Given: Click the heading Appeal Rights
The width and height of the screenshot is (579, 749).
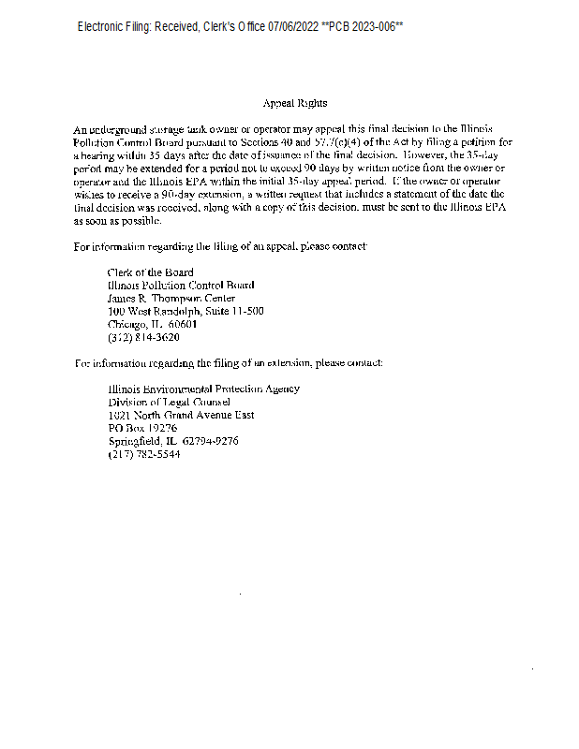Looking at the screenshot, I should (289, 103).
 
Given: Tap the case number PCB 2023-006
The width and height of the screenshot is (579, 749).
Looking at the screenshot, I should (365, 27).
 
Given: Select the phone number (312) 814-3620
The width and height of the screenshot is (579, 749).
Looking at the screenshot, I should (143, 337).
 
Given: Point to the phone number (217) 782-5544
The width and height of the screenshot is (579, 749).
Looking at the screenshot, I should (143, 454).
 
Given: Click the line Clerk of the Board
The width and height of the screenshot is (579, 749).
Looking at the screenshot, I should (150, 272).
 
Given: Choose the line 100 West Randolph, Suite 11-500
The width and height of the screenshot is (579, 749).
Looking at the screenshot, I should (186, 311).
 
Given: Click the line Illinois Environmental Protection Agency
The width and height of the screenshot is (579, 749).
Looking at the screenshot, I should (203, 389).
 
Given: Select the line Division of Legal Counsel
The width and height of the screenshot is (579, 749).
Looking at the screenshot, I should (170, 402).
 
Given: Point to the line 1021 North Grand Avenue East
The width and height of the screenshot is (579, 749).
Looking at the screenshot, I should (181, 415).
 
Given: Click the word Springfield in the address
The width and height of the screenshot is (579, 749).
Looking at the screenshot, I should (135, 441).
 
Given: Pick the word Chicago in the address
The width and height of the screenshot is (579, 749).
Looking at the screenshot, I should (126, 324).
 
